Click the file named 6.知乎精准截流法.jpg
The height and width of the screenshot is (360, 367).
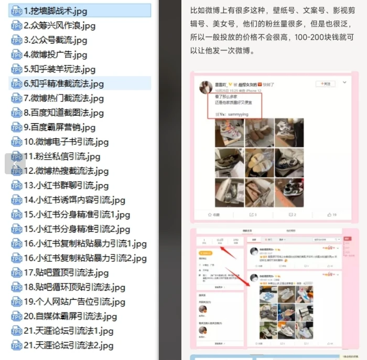(63, 83)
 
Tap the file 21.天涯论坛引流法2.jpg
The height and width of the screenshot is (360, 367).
(68, 345)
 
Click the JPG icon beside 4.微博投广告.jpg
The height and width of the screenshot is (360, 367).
(17, 55)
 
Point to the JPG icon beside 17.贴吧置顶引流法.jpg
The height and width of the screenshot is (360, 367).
(17, 273)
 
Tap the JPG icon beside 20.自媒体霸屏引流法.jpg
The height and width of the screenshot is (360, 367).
(17, 316)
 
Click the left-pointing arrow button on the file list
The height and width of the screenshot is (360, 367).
(15, 164)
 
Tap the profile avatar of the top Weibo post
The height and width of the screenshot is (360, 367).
(206, 87)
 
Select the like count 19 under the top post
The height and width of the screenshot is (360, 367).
(332, 215)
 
